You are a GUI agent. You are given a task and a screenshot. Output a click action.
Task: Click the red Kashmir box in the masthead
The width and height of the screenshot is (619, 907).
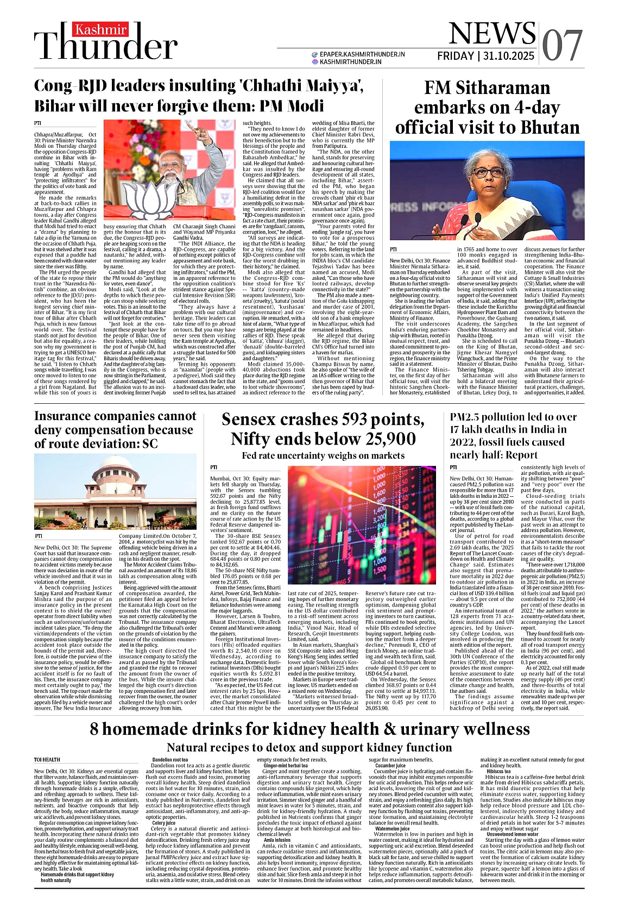[x=101, y=29]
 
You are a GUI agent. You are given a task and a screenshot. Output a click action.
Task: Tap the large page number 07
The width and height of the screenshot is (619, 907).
[x=561, y=45]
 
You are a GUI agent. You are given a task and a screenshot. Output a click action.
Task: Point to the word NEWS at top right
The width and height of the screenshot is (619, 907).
[x=492, y=34]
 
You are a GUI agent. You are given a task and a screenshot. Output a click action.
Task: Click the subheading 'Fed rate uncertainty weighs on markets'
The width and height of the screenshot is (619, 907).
[x=323, y=455]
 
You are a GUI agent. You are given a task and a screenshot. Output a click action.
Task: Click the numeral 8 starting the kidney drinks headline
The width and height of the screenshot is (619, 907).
[x=95, y=728]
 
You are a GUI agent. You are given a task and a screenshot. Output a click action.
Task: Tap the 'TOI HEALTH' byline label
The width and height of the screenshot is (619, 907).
[x=47, y=760]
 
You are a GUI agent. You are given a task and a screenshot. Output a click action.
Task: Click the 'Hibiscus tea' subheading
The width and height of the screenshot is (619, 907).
[x=498, y=771]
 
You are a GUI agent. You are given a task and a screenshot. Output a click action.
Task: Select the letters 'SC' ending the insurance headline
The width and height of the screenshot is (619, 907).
[x=148, y=443]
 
